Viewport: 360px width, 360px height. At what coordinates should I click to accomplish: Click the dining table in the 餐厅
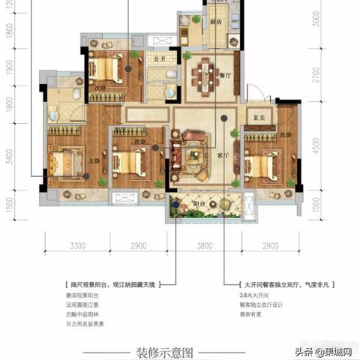[204, 77]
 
